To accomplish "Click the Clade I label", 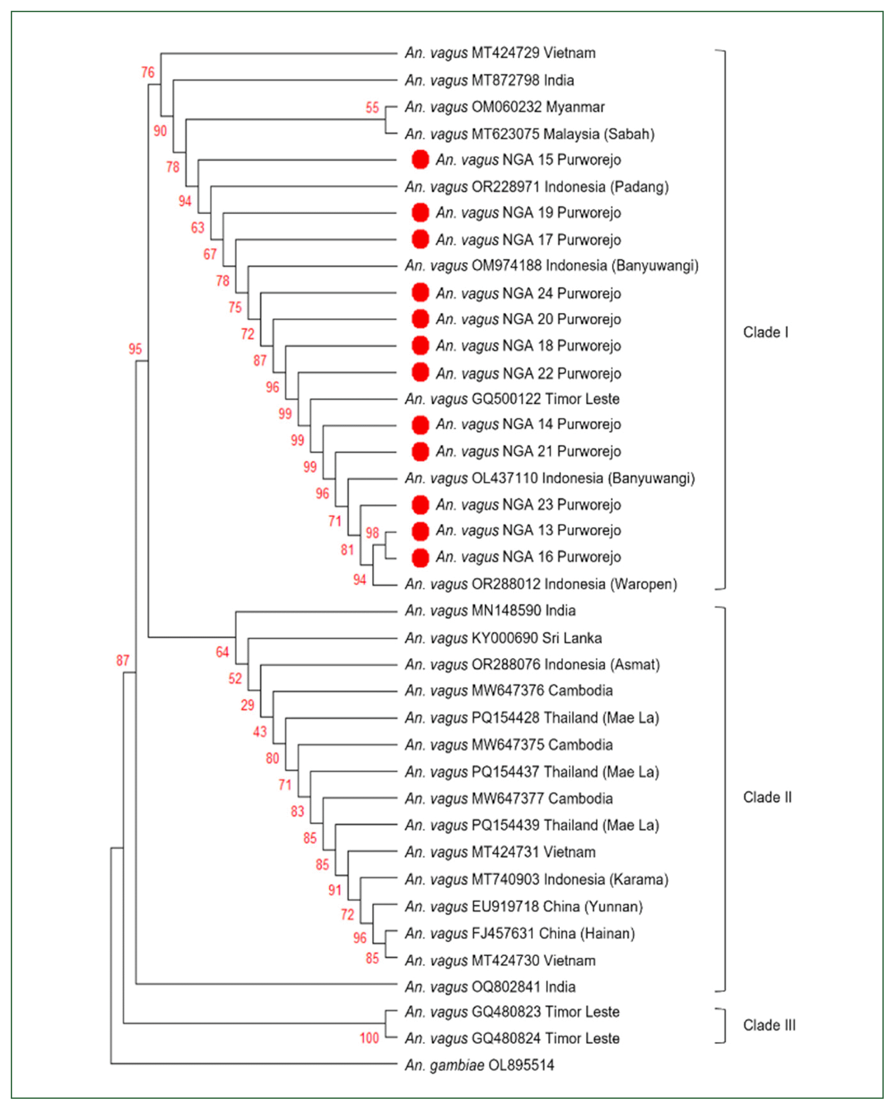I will (766, 332).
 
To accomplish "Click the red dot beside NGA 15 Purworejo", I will (420, 160).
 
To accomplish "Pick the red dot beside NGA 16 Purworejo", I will (420, 558).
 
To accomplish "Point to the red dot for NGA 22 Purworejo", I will (420, 372).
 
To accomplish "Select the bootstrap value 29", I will (248, 705).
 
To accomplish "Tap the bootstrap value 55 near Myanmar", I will (372, 108).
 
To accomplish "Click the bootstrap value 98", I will (372, 533).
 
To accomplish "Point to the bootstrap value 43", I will (260, 731).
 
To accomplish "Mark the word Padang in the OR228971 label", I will (639, 187).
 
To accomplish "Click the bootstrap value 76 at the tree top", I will (148, 72).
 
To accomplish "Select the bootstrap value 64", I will (222, 652).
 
